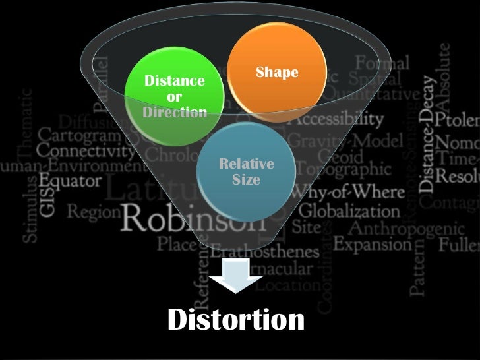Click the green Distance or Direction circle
(175, 96)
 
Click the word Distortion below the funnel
(236, 320)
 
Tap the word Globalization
(349, 211)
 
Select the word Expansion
(372, 244)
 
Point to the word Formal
(382, 64)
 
